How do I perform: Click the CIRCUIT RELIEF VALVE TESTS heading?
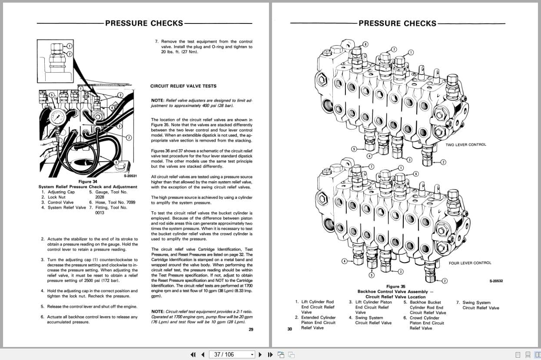coord(183,86)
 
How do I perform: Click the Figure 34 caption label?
coord(87,181)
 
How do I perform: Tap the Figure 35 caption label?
coord(395,287)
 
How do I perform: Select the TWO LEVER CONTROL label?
coord(466,145)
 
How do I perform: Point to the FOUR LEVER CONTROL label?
coord(470,263)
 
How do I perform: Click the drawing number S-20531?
coord(130,176)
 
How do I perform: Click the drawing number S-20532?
coord(496,281)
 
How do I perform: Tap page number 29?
coord(251,330)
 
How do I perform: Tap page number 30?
coord(290,330)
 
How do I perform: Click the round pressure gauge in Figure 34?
coord(58,117)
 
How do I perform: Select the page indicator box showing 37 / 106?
coord(232,354)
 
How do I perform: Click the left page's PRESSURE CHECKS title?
coord(144,23)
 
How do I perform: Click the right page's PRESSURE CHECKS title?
coord(397,23)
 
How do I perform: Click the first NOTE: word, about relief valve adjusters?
coord(157,100)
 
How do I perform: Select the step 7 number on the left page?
coord(157,42)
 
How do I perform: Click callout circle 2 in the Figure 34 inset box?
coord(69,54)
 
